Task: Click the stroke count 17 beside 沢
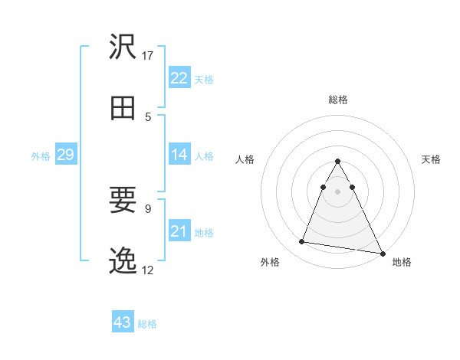point(148,55)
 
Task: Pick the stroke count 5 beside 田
point(148,116)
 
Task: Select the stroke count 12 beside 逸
point(148,270)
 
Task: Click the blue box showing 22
point(179,78)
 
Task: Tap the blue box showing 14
point(179,155)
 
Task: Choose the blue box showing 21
point(179,231)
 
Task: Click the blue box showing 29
point(65,155)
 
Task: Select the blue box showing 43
point(123,322)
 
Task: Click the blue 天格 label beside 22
point(204,79)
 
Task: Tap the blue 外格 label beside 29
point(41,155)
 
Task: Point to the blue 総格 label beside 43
point(147,323)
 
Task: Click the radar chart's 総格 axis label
point(338,100)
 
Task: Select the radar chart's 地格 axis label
point(402,262)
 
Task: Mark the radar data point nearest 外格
point(302,242)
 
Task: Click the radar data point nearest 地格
point(382,252)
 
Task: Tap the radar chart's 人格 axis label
point(245,159)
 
